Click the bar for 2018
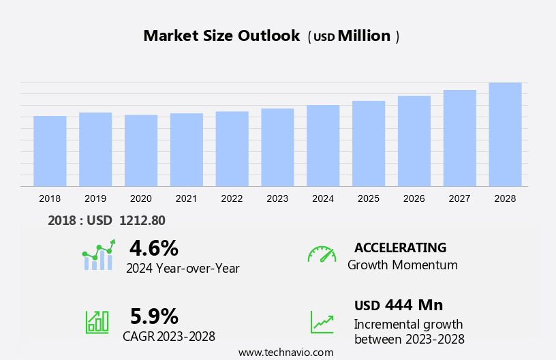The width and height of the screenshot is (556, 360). pos(50,151)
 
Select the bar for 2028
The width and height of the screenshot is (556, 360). pos(505,134)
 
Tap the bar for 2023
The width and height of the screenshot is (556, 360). pos(277,147)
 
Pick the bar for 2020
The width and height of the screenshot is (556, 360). pos(141,151)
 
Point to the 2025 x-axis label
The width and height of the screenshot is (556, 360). pos(369,198)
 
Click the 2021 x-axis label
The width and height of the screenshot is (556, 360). pos(187,198)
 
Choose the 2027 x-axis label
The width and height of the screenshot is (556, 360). pos(460,198)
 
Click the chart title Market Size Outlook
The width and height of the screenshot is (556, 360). pos(221,36)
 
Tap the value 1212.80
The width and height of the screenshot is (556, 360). pos(142,220)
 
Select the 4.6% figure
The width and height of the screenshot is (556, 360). pos(154,247)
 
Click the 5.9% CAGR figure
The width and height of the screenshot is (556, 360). pos(154,316)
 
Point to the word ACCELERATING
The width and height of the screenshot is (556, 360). pos(400,247)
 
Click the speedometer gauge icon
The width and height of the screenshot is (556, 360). pos(322,254)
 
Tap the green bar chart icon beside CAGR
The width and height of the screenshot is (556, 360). pos(97,321)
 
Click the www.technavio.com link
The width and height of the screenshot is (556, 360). pos(285,352)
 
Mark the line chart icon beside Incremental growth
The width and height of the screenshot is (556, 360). pos(322,321)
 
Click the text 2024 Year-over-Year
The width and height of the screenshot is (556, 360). pos(183,269)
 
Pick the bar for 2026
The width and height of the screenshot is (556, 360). pos(414,141)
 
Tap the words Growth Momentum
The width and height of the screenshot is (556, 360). pos(403,265)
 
